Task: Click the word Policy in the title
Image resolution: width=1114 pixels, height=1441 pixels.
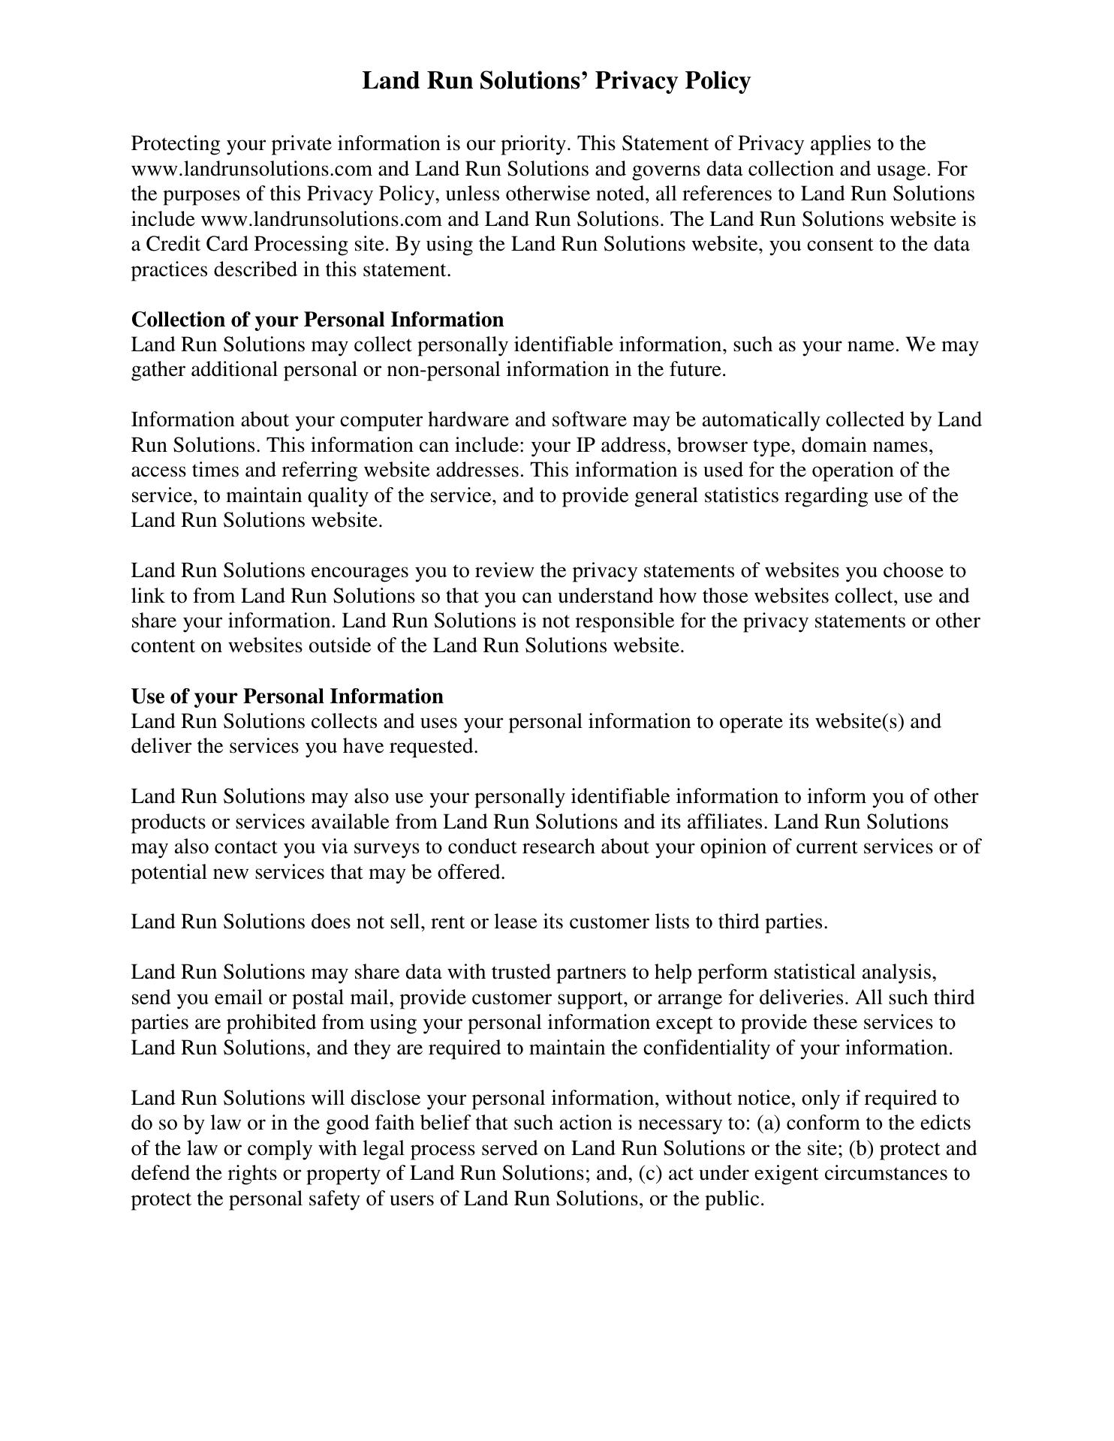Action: coord(716,80)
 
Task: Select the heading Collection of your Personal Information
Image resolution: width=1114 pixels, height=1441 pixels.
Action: coord(318,320)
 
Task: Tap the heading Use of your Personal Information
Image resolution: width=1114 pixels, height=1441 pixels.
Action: coord(288,696)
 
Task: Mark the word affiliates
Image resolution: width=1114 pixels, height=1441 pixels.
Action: coord(727,822)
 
